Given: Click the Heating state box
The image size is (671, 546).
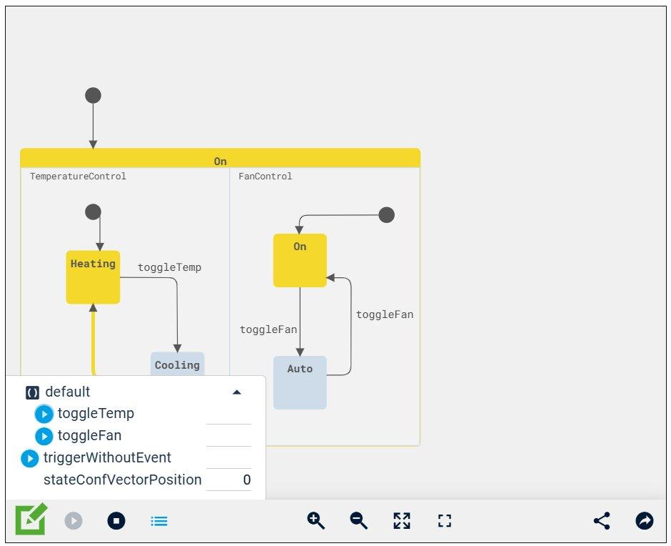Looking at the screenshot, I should [93, 277].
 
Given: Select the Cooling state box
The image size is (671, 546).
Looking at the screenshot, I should [177, 364].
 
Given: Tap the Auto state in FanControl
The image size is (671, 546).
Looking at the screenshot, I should [300, 382].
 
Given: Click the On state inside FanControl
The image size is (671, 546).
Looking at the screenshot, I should [300, 260].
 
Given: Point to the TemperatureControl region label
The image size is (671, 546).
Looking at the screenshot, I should [78, 177].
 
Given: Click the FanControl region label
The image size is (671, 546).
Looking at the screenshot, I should [265, 177].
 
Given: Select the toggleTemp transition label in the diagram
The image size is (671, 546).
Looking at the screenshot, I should [169, 267].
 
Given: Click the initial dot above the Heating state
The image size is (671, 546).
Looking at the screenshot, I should [93, 212].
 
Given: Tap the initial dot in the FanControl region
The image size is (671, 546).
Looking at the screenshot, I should [386, 214].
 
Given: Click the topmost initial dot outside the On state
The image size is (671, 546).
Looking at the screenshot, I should [93, 95].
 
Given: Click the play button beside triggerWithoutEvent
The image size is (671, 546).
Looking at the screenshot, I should [29, 458].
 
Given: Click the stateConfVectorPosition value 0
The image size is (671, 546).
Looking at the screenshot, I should [246, 480].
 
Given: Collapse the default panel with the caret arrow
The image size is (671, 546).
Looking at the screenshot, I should [237, 392].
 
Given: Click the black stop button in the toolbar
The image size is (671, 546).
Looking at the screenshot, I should [116, 521].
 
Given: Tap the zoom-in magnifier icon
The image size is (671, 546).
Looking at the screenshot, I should [316, 520].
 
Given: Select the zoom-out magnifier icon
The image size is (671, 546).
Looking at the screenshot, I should [358, 520].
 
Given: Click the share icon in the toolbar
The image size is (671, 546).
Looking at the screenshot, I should [602, 520].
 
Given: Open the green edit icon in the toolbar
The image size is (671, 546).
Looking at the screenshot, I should [31, 520].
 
